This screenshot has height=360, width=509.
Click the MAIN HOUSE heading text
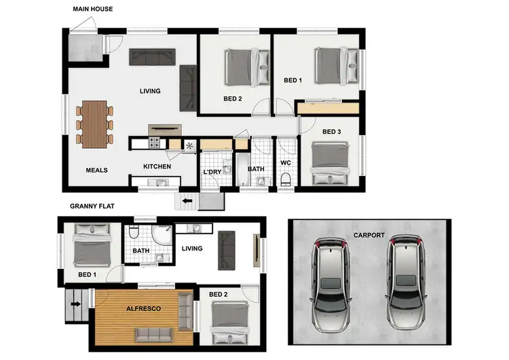pos(92,9)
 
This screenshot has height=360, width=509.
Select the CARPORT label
pos(369,235)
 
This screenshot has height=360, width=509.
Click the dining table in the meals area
pos(95,123)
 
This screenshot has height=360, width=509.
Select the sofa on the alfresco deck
pos(153,334)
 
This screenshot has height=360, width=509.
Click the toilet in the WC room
pos(285,179)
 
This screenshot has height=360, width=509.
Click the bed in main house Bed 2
pos(244,66)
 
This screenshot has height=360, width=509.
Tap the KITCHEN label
pos(157,166)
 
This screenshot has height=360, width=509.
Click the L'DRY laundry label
pos(212,172)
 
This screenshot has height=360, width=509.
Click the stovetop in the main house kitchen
pos(154,143)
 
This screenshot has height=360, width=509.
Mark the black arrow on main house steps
pos(187,202)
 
